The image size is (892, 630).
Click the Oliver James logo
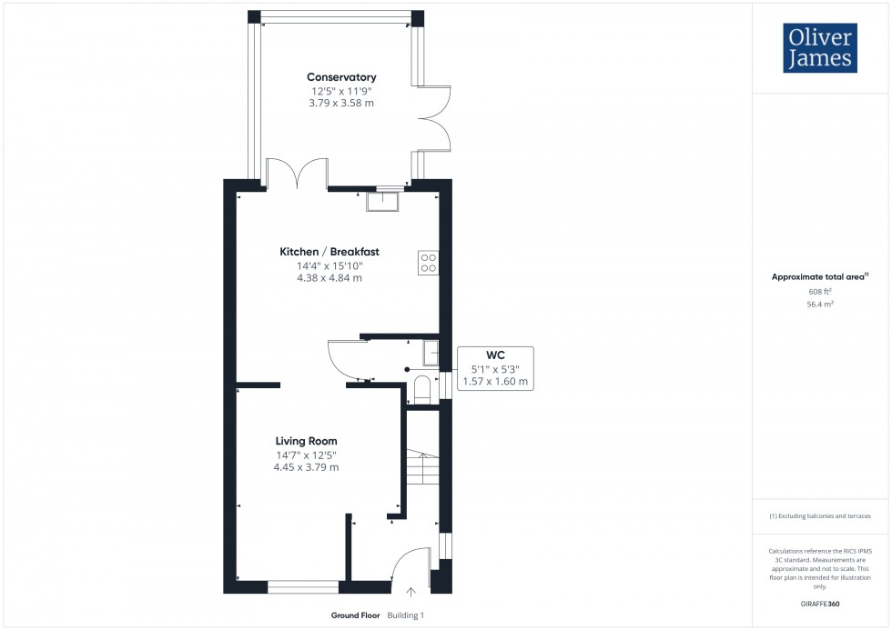click(819, 48)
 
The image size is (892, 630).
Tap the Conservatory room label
click(341, 77)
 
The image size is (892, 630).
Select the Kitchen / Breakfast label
click(329, 252)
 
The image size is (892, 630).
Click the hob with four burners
click(428, 263)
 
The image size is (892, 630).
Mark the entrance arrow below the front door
click(410, 594)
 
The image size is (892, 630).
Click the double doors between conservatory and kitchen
click(297, 174)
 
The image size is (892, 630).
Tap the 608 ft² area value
click(820, 292)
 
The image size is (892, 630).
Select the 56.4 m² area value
click(820, 305)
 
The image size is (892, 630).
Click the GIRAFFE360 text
click(820, 603)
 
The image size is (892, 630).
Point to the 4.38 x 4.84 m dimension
click(329, 278)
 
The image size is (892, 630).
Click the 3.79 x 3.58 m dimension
click(341, 104)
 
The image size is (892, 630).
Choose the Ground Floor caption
click(355, 615)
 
